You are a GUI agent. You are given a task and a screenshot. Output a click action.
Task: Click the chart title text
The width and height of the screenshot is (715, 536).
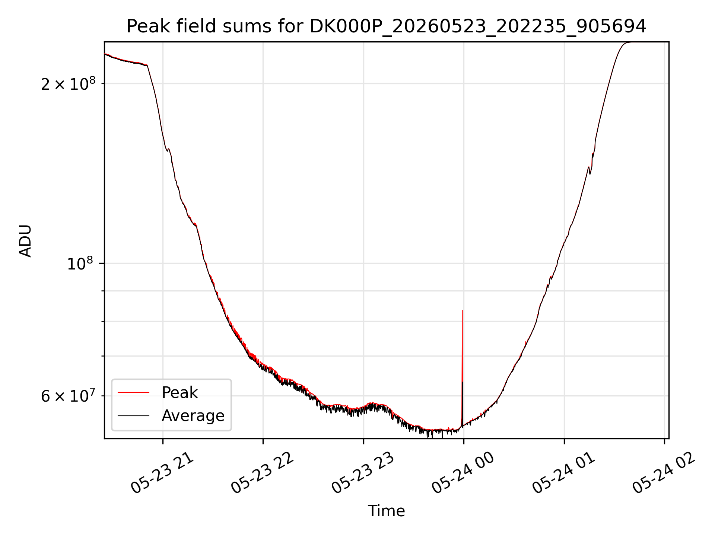pyautogui.click(x=386, y=26)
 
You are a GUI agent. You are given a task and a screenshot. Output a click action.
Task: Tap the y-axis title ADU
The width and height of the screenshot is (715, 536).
pyautogui.click(x=25, y=240)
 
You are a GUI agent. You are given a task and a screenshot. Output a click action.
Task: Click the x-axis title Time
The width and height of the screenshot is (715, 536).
pyautogui.click(x=386, y=511)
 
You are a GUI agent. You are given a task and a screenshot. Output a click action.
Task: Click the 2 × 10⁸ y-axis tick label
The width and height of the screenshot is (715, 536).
pyautogui.click(x=68, y=84)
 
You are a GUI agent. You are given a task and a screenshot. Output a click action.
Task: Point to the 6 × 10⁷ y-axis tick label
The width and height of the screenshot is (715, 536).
pyautogui.click(x=68, y=396)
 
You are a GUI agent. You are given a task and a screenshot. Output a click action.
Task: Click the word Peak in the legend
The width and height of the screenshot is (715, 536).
pyautogui.click(x=179, y=393)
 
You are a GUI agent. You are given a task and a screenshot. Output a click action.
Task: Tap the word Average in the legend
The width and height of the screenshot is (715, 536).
pyautogui.click(x=193, y=416)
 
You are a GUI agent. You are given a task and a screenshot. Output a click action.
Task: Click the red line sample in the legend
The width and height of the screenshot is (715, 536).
pyautogui.click(x=133, y=392)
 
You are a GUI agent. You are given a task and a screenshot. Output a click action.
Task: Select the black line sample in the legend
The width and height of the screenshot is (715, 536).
pyautogui.click(x=133, y=415)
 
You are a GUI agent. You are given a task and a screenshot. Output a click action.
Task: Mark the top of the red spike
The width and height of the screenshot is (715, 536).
pyautogui.click(x=462, y=310)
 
